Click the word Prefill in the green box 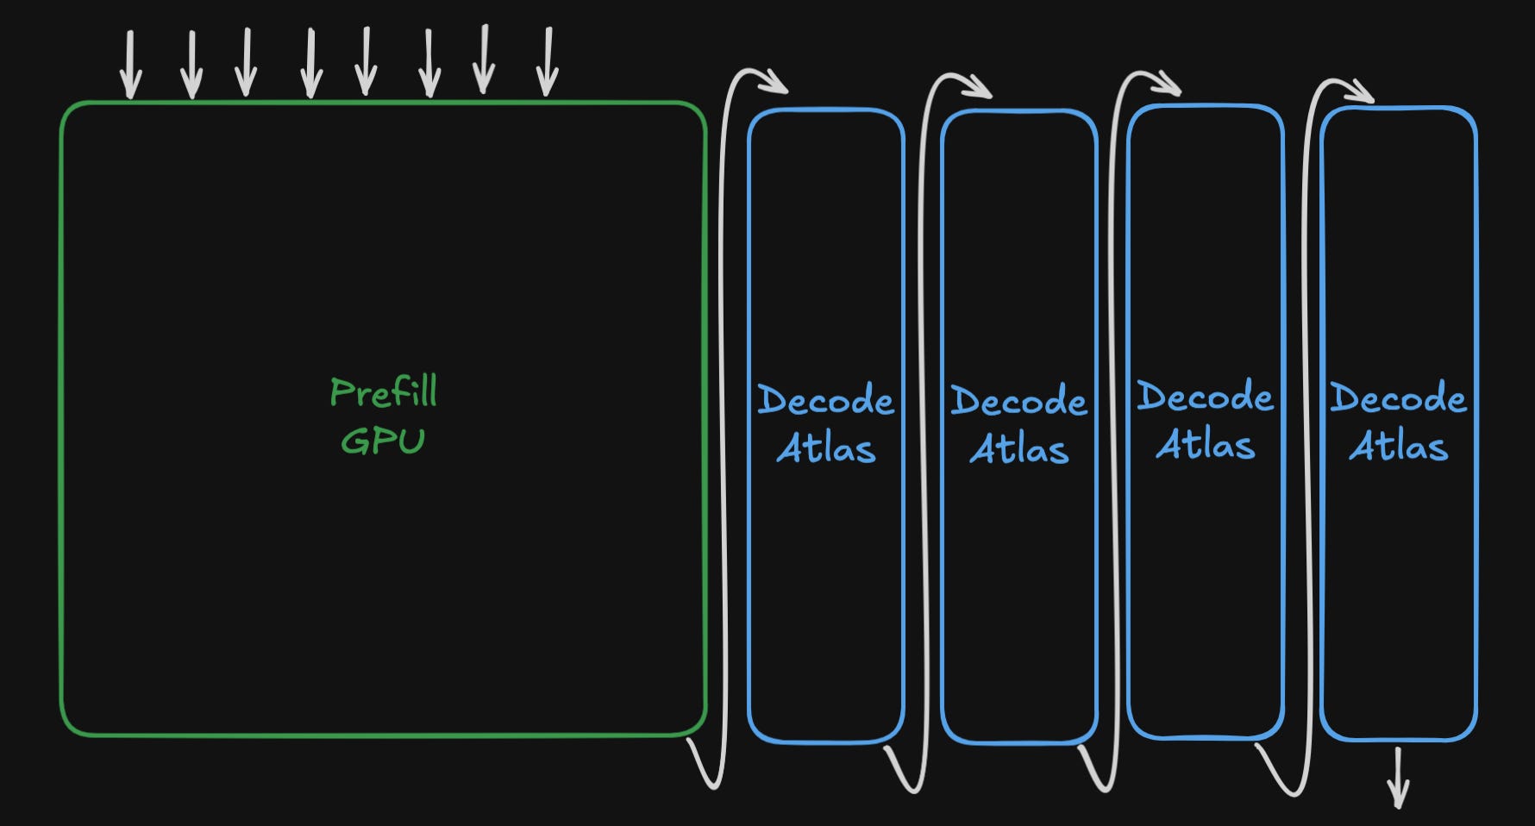[384, 392]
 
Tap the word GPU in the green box [383, 441]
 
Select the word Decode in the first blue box [825, 400]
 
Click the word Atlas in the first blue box [826, 448]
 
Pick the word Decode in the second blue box [1018, 401]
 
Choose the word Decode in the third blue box [1205, 397]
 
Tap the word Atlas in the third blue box [1206, 445]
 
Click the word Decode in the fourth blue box [1398, 397]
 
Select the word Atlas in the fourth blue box [1399, 446]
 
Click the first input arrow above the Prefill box [131, 65]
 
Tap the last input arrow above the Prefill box [547, 62]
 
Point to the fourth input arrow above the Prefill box [310, 64]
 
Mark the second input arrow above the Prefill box [191, 65]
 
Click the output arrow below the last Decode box [1398, 778]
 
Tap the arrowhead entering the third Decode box [1168, 84]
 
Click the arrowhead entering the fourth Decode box [1361, 91]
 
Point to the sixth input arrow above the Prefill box [429, 63]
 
